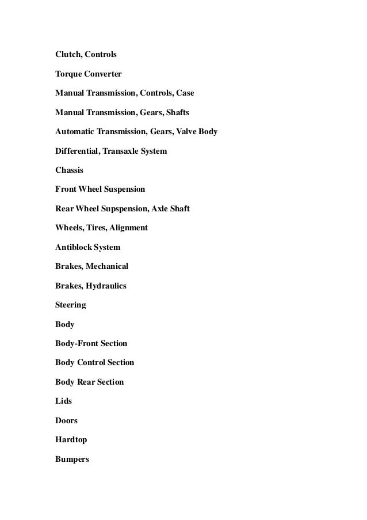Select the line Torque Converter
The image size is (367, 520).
[88, 74]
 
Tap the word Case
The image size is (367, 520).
[184, 93]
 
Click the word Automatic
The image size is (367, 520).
[75, 132]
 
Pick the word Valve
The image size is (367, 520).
[183, 132]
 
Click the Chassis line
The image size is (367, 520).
[69, 170]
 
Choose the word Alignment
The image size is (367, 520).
[128, 228]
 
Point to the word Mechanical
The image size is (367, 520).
[107, 267]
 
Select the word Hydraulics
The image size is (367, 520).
[106, 286]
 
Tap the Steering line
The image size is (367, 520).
[70, 305]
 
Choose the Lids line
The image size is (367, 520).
[63, 401]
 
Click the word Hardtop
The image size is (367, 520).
[71, 440]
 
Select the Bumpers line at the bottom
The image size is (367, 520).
[72, 460]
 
